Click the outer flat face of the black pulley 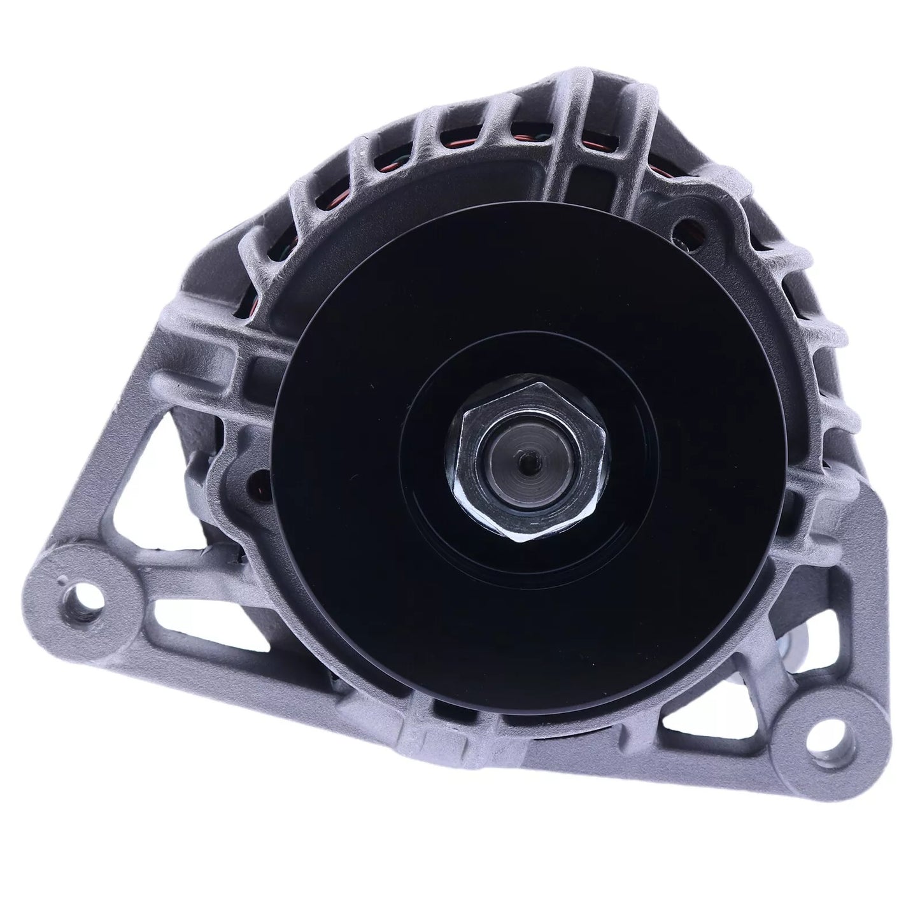[x=357, y=541]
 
